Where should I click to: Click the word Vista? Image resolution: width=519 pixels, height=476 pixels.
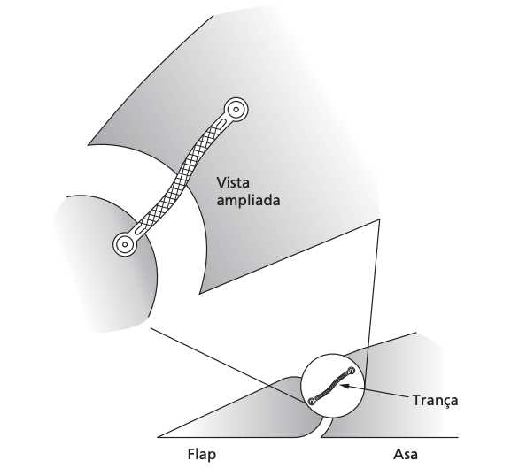click(233, 182)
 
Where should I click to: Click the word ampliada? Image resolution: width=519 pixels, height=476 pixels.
click(248, 200)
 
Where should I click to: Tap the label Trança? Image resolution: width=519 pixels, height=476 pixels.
click(435, 401)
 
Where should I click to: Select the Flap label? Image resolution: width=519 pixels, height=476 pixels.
click(202, 455)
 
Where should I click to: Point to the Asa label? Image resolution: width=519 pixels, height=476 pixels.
click(406, 454)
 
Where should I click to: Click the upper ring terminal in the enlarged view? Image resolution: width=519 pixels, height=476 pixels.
click(236, 110)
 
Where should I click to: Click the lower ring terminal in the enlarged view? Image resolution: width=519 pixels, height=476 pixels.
click(125, 244)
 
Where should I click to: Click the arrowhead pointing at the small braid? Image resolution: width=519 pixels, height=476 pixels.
click(345, 386)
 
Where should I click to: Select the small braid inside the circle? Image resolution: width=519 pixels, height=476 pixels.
click(332, 386)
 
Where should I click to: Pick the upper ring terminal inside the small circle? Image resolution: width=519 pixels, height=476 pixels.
click(352, 370)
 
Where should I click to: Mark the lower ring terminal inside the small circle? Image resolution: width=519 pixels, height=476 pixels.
click(311, 402)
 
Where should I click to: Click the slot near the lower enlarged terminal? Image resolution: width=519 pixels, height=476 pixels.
click(140, 229)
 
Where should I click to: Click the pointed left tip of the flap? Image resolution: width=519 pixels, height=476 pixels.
click(158, 437)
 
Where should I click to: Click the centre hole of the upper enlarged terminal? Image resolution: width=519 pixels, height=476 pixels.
click(236, 110)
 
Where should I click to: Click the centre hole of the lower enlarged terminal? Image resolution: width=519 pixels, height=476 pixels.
click(125, 244)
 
